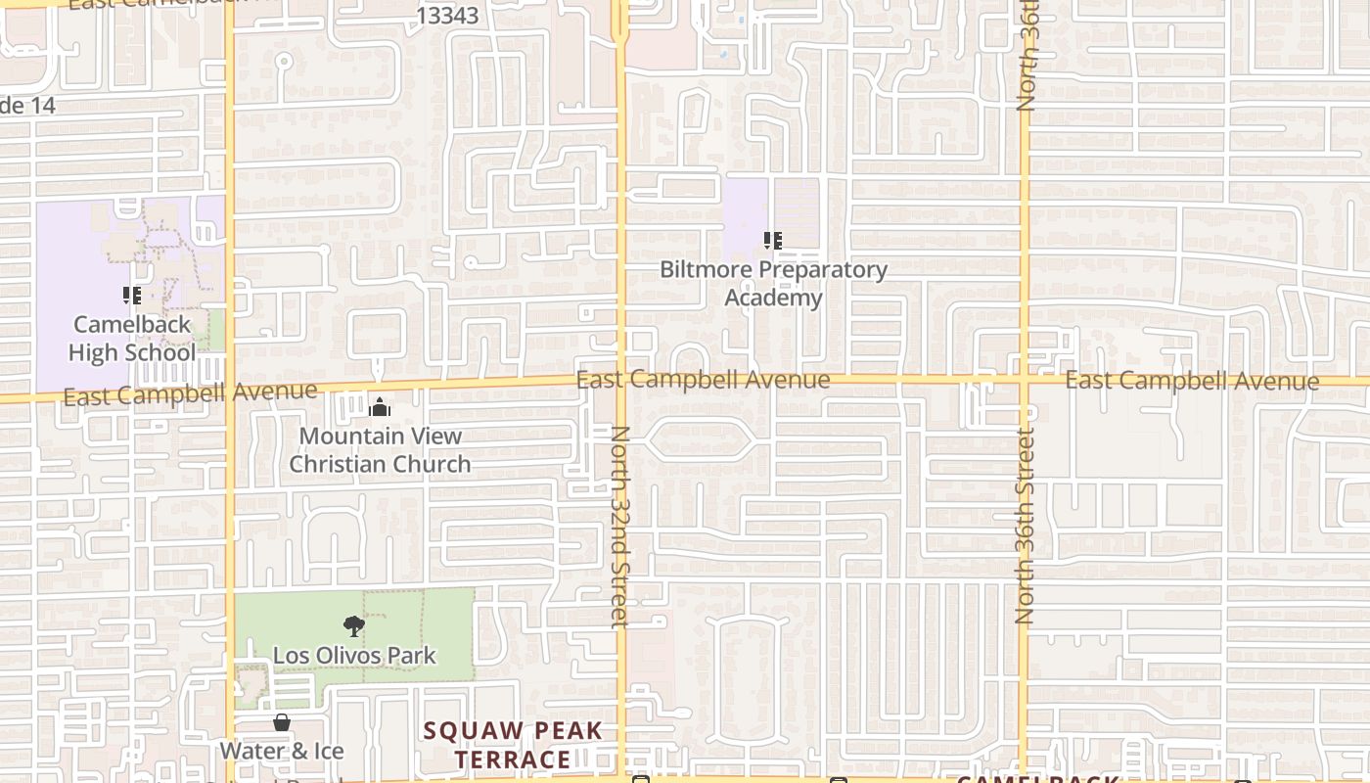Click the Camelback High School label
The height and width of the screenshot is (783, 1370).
[x=132, y=338]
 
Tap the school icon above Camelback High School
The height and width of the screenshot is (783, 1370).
[x=132, y=295]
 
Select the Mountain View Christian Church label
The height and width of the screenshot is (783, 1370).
[x=380, y=449]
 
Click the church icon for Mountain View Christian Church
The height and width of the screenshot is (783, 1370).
[x=380, y=407]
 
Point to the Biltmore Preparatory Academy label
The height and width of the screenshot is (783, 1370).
[x=773, y=283]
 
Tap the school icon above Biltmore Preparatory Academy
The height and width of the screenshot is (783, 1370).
[x=773, y=240]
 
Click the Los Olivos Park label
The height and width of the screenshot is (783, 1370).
[x=354, y=655]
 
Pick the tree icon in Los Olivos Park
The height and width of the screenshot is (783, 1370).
[x=354, y=625]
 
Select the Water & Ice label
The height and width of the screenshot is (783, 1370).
[x=282, y=751]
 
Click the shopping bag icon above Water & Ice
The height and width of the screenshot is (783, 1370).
[x=282, y=722]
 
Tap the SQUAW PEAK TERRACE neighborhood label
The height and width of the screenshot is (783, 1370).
[x=513, y=745]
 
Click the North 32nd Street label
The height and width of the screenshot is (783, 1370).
[x=619, y=526]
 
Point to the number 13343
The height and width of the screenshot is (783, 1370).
[x=447, y=16]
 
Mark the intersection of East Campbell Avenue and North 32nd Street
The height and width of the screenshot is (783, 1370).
[x=621, y=381]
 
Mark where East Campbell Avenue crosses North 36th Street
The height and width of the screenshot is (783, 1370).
[x=1024, y=379]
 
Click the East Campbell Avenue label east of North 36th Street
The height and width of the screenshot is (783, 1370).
[x=1191, y=381]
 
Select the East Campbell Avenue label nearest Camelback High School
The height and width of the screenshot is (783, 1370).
[x=190, y=393]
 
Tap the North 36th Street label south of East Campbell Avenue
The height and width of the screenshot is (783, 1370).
[x=1025, y=526]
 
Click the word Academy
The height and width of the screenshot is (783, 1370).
[x=773, y=297]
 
